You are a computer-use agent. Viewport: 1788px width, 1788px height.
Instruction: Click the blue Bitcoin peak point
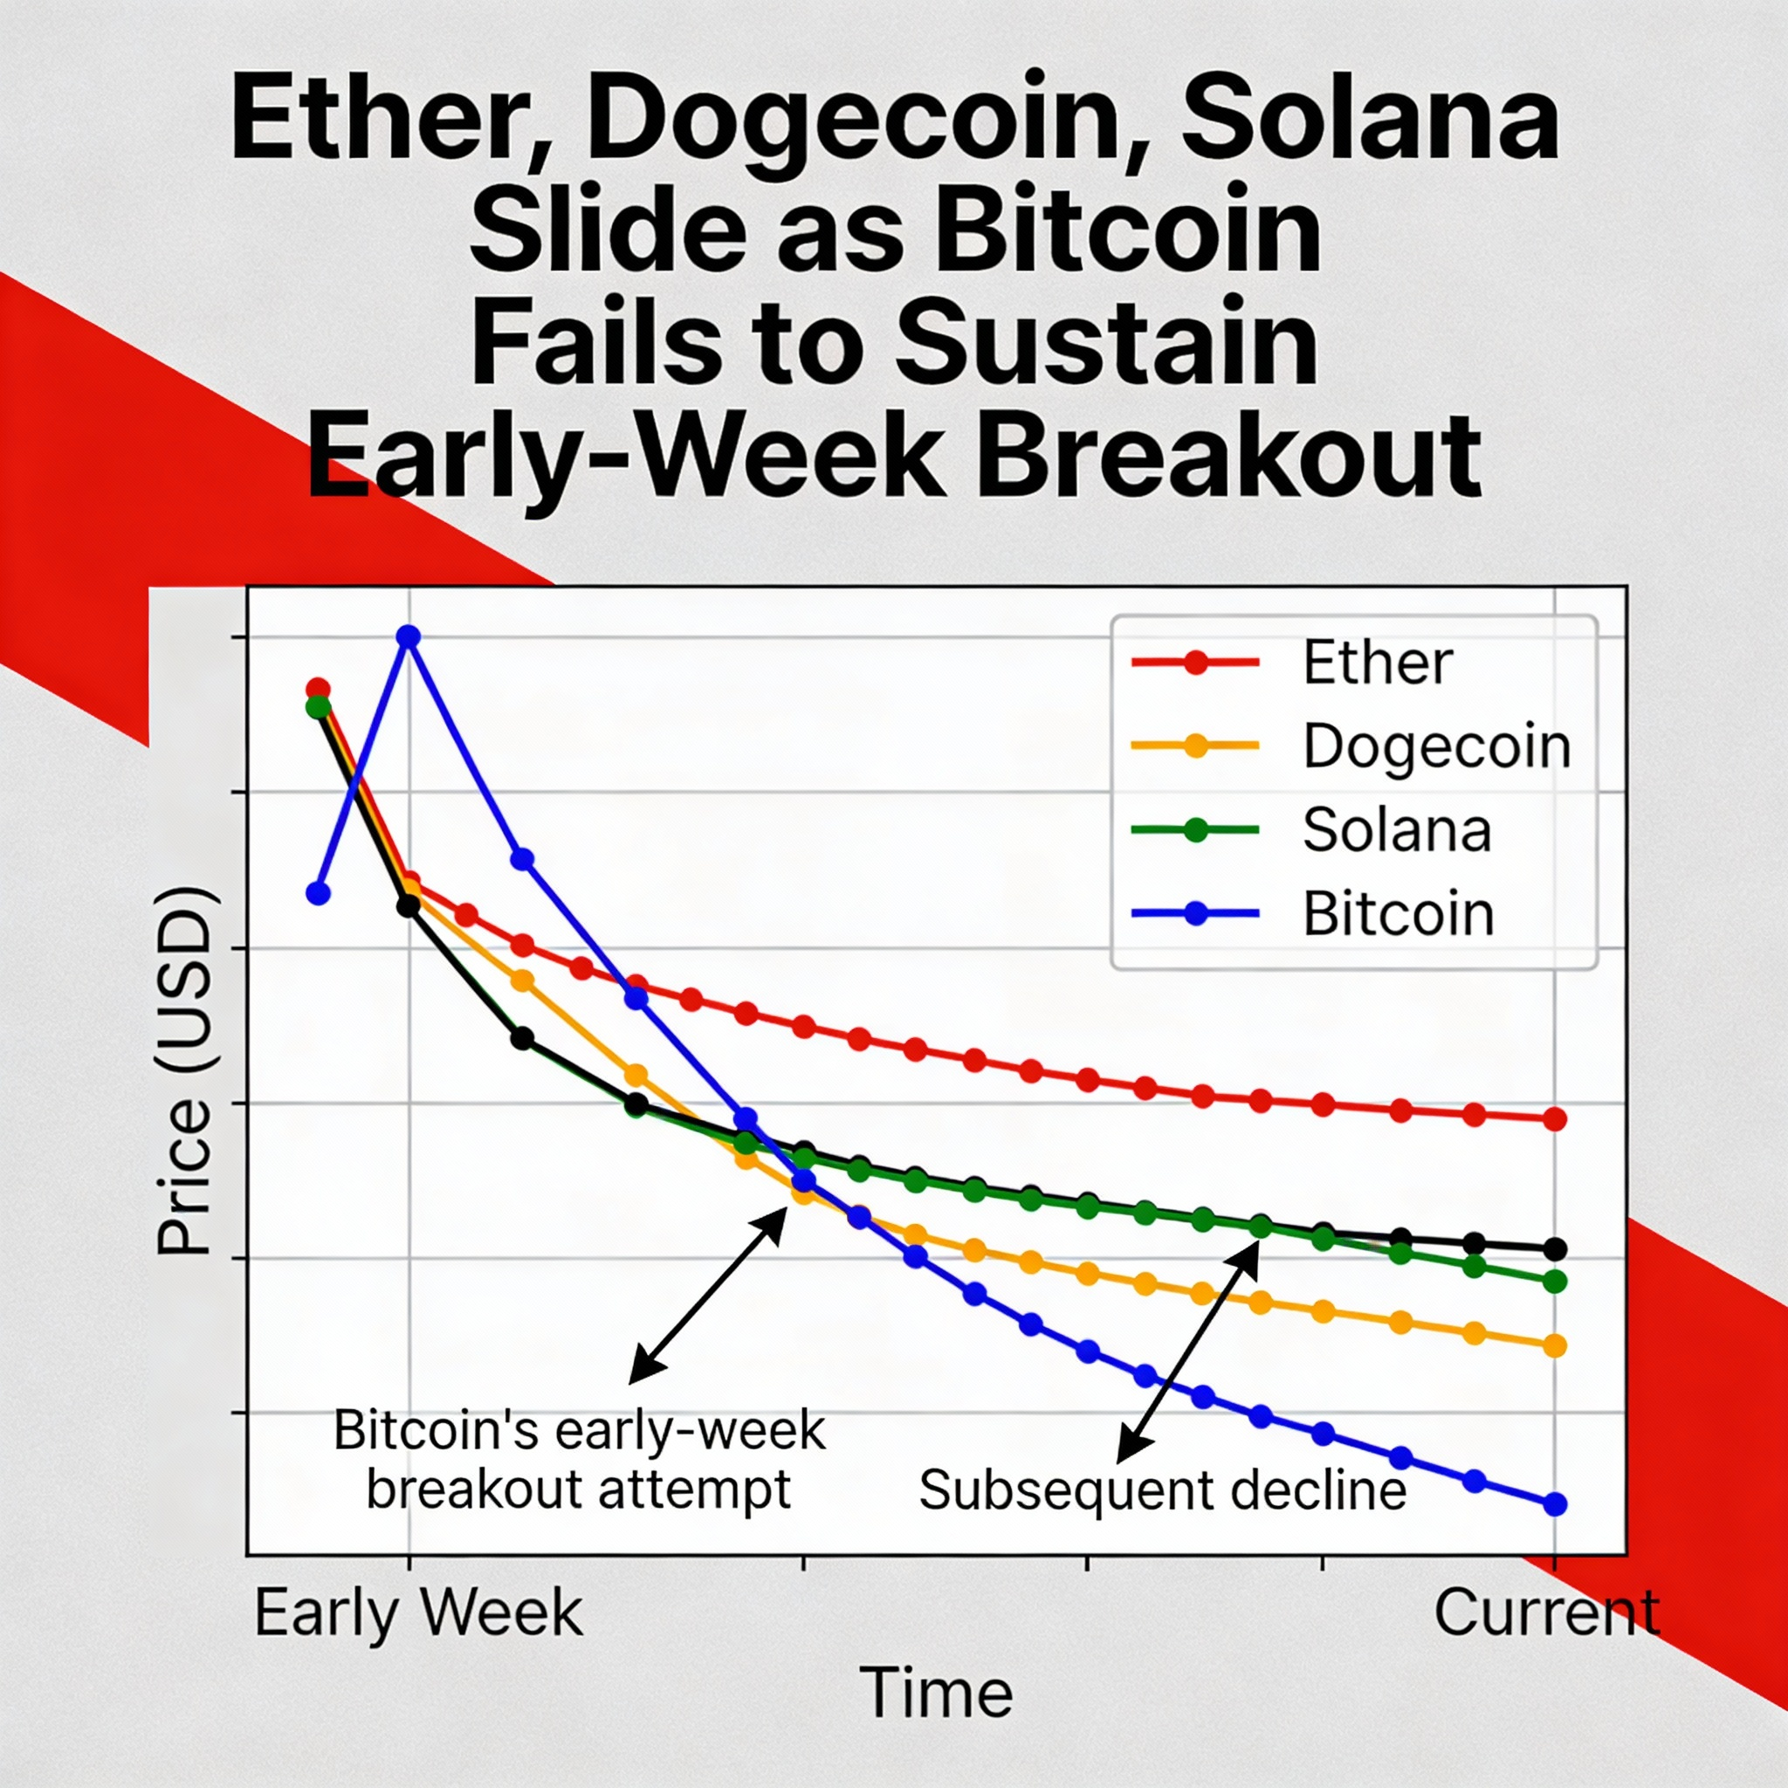(408, 636)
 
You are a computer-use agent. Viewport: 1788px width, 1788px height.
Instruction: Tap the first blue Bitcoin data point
(318, 893)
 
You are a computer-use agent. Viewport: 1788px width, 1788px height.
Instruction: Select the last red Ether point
(1556, 1119)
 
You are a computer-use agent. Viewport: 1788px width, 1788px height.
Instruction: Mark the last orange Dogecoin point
(1556, 1345)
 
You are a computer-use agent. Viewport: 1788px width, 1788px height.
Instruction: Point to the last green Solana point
(1556, 1282)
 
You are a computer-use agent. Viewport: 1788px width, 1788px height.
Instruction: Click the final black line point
(1556, 1249)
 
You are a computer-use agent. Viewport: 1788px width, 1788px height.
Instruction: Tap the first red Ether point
(318, 690)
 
